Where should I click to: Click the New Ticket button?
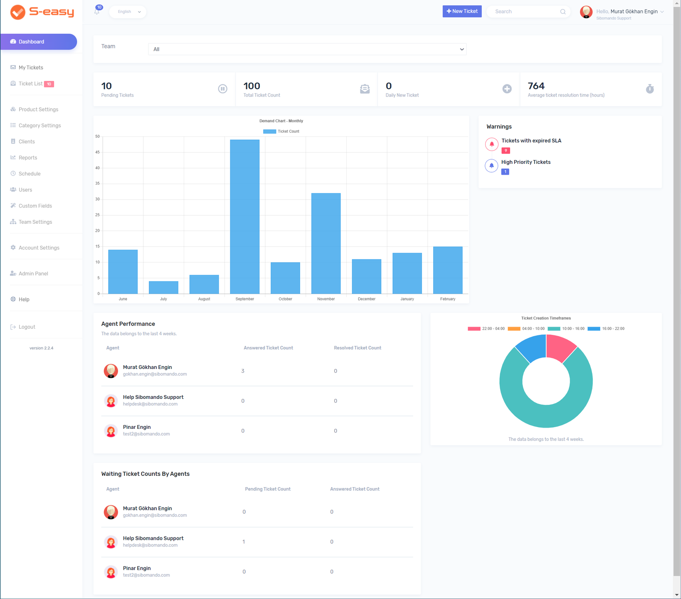click(462, 11)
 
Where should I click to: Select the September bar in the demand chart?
click(244, 216)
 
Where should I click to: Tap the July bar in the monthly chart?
click(163, 287)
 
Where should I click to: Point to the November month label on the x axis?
click(326, 299)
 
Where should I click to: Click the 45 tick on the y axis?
click(98, 152)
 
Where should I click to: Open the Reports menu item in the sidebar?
click(28, 158)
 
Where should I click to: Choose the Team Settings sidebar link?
click(35, 222)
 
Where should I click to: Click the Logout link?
click(27, 327)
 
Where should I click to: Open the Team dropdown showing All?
click(307, 49)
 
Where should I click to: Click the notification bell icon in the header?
click(97, 12)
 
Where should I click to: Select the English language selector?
click(128, 12)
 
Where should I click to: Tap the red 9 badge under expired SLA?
click(506, 151)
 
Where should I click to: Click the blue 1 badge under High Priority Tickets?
click(505, 172)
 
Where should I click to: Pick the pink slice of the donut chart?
click(560, 348)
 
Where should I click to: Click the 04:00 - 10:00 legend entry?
click(526, 329)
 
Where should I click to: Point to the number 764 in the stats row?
click(536, 86)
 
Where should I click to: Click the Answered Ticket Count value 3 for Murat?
click(243, 371)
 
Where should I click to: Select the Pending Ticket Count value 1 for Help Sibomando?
click(244, 542)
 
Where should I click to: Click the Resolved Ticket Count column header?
click(357, 348)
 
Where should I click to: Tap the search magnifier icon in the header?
click(563, 12)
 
